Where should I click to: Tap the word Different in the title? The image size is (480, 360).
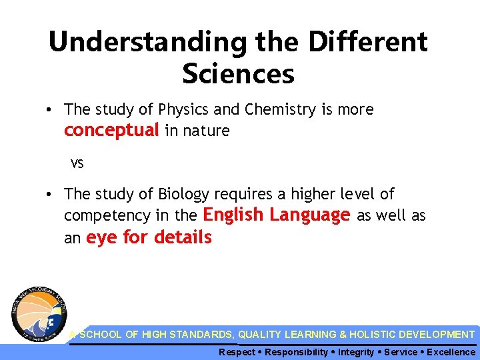[x=369, y=42]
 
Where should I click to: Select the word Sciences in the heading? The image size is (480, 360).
[x=238, y=74]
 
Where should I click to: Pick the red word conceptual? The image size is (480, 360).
[x=111, y=130]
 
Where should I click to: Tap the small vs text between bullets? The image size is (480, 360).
[x=78, y=163]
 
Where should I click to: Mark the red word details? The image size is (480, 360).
[x=183, y=237]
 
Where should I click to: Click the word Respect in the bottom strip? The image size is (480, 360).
[x=237, y=352]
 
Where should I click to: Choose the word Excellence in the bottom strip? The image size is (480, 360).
[x=451, y=352]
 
